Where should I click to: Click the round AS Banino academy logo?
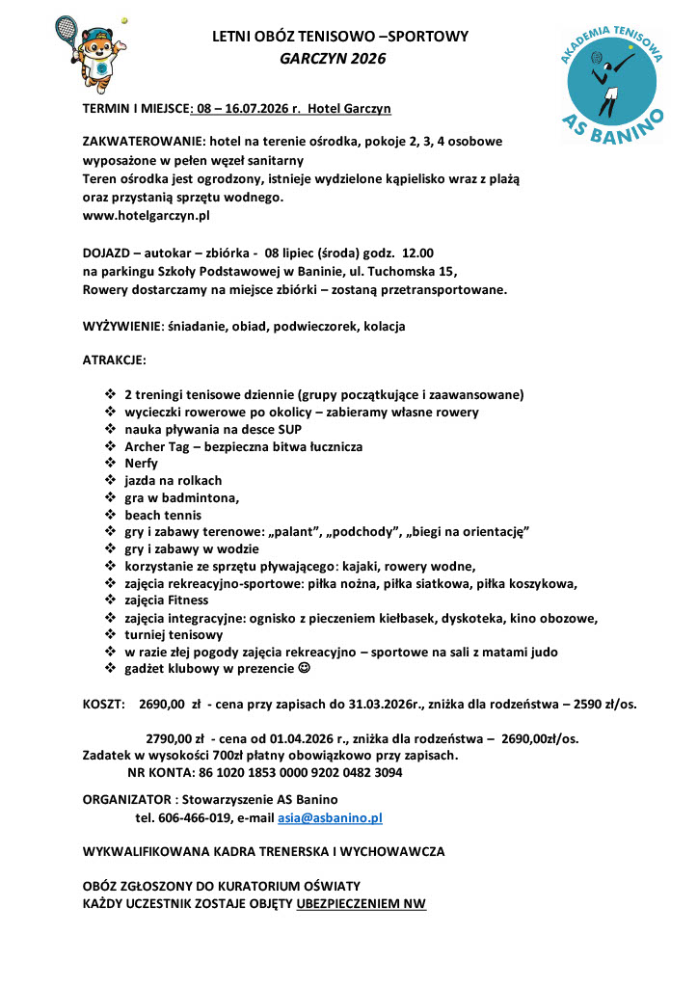[x=613, y=85]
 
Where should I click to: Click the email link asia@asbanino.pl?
[x=331, y=817]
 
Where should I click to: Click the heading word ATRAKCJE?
[x=114, y=360]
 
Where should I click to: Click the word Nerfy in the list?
[x=141, y=463]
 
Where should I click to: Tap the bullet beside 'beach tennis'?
[x=109, y=515]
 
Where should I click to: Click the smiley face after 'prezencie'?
[x=305, y=669]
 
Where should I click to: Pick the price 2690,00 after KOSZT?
[x=167, y=704]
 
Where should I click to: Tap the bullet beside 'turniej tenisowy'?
[x=109, y=635]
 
